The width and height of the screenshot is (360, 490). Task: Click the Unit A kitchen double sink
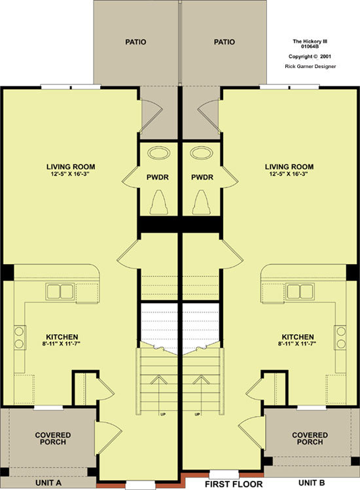coord(60,292)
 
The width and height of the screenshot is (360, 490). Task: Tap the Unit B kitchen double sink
coord(300,292)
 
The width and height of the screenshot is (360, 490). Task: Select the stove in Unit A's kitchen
coord(20,337)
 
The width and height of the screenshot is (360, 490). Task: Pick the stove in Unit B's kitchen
coord(340,337)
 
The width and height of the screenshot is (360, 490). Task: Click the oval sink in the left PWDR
coord(158,153)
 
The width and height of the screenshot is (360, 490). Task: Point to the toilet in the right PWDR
coord(202,202)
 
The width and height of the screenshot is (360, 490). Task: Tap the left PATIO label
coord(136,42)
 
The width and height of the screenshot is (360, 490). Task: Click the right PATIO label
coord(224,42)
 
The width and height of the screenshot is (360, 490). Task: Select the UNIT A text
coord(48,483)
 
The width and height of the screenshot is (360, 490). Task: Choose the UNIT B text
coord(312,483)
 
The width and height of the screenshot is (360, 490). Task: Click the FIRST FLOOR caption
coord(234,484)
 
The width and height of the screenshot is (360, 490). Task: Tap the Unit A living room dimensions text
coord(71,174)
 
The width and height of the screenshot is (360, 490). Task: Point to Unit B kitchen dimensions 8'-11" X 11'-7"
coord(297,344)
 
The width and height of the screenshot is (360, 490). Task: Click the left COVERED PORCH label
coord(53,438)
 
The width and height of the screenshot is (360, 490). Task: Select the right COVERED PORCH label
coord(310,438)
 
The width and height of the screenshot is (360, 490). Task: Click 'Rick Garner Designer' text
coord(310,66)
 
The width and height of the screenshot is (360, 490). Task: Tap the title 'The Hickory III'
coord(310,41)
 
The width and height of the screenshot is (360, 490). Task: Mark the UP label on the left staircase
coord(163,415)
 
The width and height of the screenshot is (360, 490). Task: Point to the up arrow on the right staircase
coord(202,379)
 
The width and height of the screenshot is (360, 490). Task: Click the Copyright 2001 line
coord(310,56)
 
